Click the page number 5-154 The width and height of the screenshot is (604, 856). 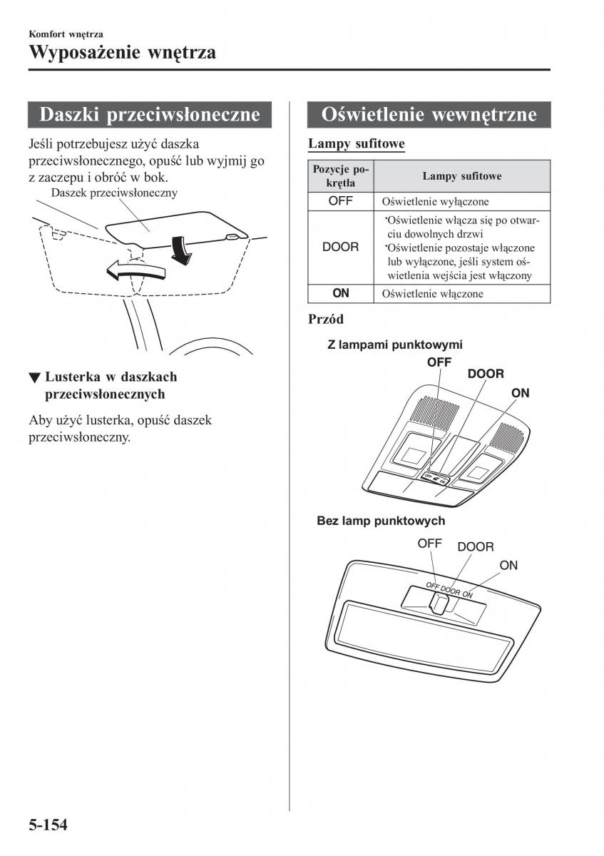(48, 825)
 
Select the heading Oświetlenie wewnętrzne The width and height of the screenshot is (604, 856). (429, 115)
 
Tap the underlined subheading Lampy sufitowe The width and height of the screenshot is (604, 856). (356, 144)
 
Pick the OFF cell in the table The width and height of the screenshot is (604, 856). (341, 201)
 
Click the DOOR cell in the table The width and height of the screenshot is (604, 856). (341, 248)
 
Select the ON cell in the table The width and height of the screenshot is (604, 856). (341, 293)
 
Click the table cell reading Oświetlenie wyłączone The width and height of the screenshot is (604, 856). (435, 202)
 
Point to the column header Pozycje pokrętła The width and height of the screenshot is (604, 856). (341, 175)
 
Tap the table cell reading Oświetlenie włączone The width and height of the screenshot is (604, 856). (432, 293)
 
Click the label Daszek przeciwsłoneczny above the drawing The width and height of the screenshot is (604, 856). (114, 193)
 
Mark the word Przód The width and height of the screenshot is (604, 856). (326, 319)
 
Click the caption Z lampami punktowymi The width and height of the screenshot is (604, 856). (395, 345)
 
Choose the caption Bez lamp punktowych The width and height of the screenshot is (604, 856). (381, 521)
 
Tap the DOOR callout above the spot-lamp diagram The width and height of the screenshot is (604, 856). (486, 374)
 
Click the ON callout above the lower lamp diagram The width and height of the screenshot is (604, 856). (508, 565)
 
